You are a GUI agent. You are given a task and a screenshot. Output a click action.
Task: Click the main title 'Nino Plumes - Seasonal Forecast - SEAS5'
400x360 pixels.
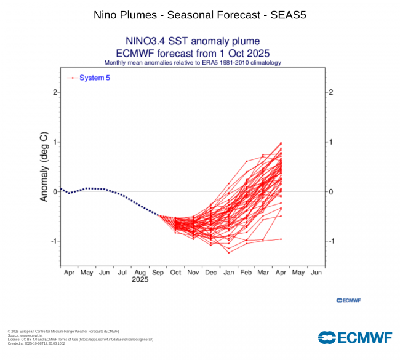pyautogui.click(x=200, y=14)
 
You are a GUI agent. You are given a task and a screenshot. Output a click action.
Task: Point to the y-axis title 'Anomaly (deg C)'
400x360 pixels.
pyautogui.click(x=44, y=167)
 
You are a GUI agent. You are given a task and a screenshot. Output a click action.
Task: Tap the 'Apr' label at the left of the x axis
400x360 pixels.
pyautogui.click(x=68, y=271)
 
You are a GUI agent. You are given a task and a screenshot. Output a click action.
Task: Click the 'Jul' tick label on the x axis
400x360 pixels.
pyautogui.click(x=122, y=271)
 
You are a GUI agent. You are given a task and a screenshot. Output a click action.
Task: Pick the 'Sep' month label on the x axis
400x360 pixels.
pyautogui.click(x=158, y=271)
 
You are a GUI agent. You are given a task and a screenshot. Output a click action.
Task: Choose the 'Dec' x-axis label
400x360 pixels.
pyautogui.click(x=210, y=271)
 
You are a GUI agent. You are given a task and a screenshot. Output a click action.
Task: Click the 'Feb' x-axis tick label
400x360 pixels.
pyautogui.click(x=246, y=271)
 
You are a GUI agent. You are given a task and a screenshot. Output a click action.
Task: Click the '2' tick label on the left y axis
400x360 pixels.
pyautogui.click(x=55, y=92)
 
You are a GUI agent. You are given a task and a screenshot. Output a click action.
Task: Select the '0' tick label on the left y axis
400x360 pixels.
pyautogui.click(x=55, y=191)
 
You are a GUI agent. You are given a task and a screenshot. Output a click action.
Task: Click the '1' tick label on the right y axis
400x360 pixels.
pyautogui.click(x=330, y=142)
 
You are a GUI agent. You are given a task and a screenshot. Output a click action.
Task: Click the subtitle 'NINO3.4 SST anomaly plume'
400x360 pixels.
pyautogui.click(x=193, y=42)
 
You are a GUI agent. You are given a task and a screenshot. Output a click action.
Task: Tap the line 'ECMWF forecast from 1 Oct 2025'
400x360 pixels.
pyautogui.click(x=193, y=53)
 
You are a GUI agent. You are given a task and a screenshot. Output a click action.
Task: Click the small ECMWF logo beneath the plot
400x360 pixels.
pyautogui.click(x=348, y=300)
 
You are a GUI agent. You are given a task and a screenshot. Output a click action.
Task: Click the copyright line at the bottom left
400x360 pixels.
pyautogui.click(x=63, y=331)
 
